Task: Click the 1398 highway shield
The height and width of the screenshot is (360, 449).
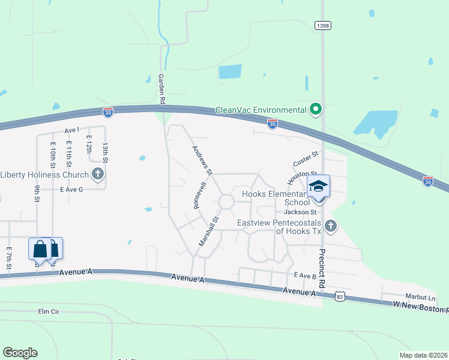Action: pyautogui.click(x=322, y=26)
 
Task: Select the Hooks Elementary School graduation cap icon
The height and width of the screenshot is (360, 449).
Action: pyautogui.click(x=319, y=185)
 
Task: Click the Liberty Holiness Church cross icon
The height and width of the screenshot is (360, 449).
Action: pyautogui.click(x=98, y=175)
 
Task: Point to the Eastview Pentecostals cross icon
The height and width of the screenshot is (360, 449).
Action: pyautogui.click(x=330, y=226)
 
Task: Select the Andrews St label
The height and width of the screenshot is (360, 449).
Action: pyautogui.click(x=202, y=160)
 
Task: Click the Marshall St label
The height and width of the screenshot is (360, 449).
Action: pyautogui.click(x=210, y=232)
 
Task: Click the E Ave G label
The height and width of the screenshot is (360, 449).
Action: pyautogui.click(x=71, y=189)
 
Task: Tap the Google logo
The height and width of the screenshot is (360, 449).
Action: pyautogui.click(x=20, y=353)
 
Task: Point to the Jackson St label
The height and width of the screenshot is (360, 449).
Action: pyautogui.click(x=300, y=212)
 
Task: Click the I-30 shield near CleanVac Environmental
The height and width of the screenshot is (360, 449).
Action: pyautogui.click(x=272, y=124)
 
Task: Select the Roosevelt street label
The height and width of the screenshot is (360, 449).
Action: pyautogui.click(x=195, y=196)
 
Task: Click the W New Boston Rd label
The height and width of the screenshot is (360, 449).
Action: pyautogui.click(x=420, y=306)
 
